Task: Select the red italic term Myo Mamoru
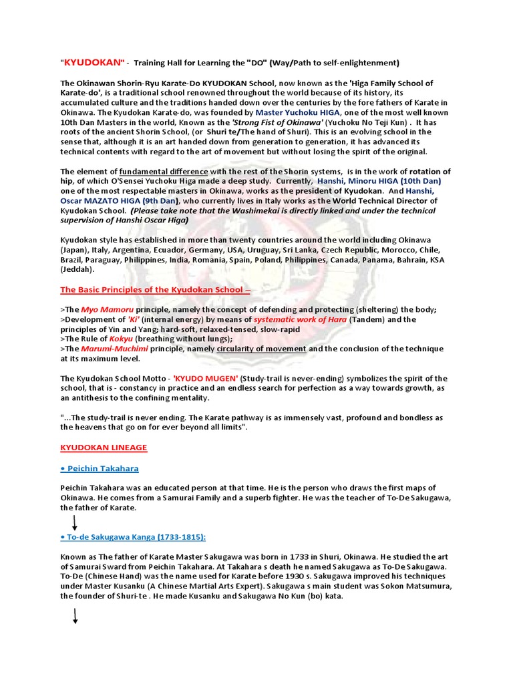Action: click(x=107, y=309)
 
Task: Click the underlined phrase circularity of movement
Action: click(x=262, y=349)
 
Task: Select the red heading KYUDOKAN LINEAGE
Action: click(x=104, y=447)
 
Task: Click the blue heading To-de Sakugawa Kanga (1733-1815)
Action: click(x=133, y=537)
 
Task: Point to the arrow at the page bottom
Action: click(x=75, y=617)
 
